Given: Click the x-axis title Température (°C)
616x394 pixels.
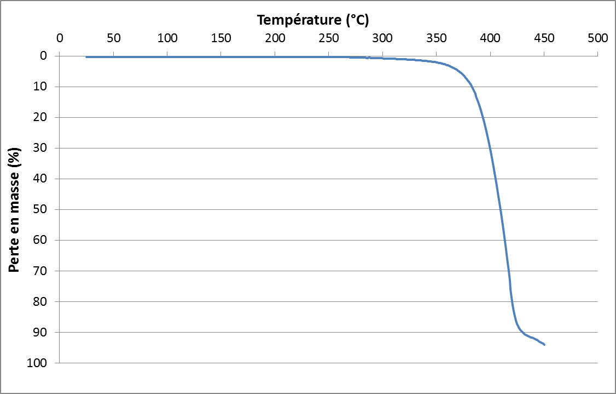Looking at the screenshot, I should click(313, 21).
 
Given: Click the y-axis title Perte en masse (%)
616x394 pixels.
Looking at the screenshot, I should click(15, 209).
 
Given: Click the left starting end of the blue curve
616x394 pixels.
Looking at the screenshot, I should click(86, 57).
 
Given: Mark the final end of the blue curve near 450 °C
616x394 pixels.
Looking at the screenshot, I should click(544, 345).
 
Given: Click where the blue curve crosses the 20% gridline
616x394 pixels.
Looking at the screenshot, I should click(482, 117).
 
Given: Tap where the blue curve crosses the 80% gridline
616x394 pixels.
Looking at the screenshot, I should click(512, 301).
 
